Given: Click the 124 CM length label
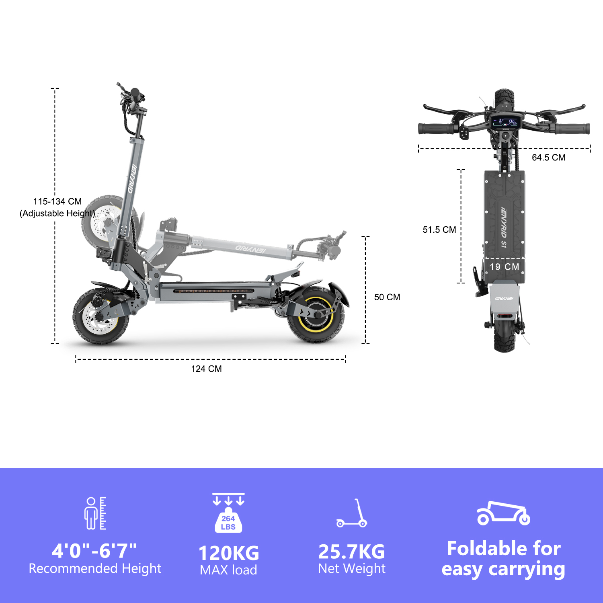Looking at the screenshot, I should (x=206, y=369).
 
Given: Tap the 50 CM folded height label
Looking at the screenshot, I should (x=387, y=297).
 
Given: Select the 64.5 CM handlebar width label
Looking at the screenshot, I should (x=548, y=158).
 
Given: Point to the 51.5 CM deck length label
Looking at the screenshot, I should (x=439, y=230).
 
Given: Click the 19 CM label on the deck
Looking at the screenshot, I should (x=504, y=267).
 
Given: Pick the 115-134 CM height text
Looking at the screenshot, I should (x=57, y=201).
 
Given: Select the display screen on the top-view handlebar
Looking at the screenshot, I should (x=505, y=122).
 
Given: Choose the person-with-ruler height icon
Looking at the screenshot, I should (x=95, y=513).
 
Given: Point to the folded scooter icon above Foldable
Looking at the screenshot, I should (x=503, y=513).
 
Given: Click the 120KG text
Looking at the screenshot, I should (x=229, y=553).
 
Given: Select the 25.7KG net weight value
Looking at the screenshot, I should (x=352, y=552).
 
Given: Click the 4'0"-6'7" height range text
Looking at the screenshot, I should (x=94, y=550).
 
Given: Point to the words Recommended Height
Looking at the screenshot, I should (x=95, y=568).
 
